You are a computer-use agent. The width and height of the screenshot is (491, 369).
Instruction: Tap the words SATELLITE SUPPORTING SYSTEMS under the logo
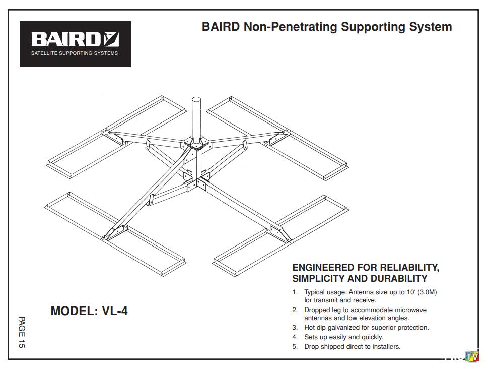(75, 53)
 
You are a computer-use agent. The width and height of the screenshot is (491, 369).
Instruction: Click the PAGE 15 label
(22, 332)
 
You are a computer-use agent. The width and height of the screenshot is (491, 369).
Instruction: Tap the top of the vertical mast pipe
(196, 97)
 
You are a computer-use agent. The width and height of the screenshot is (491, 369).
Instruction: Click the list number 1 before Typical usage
(295, 292)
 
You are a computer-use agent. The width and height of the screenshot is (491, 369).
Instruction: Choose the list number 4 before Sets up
(295, 337)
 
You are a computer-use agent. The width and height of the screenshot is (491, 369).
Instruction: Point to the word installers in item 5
(385, 346)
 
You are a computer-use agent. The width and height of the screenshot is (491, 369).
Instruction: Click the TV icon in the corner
(472, 357)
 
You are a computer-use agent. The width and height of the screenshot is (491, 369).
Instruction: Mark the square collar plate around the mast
(196, 144)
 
